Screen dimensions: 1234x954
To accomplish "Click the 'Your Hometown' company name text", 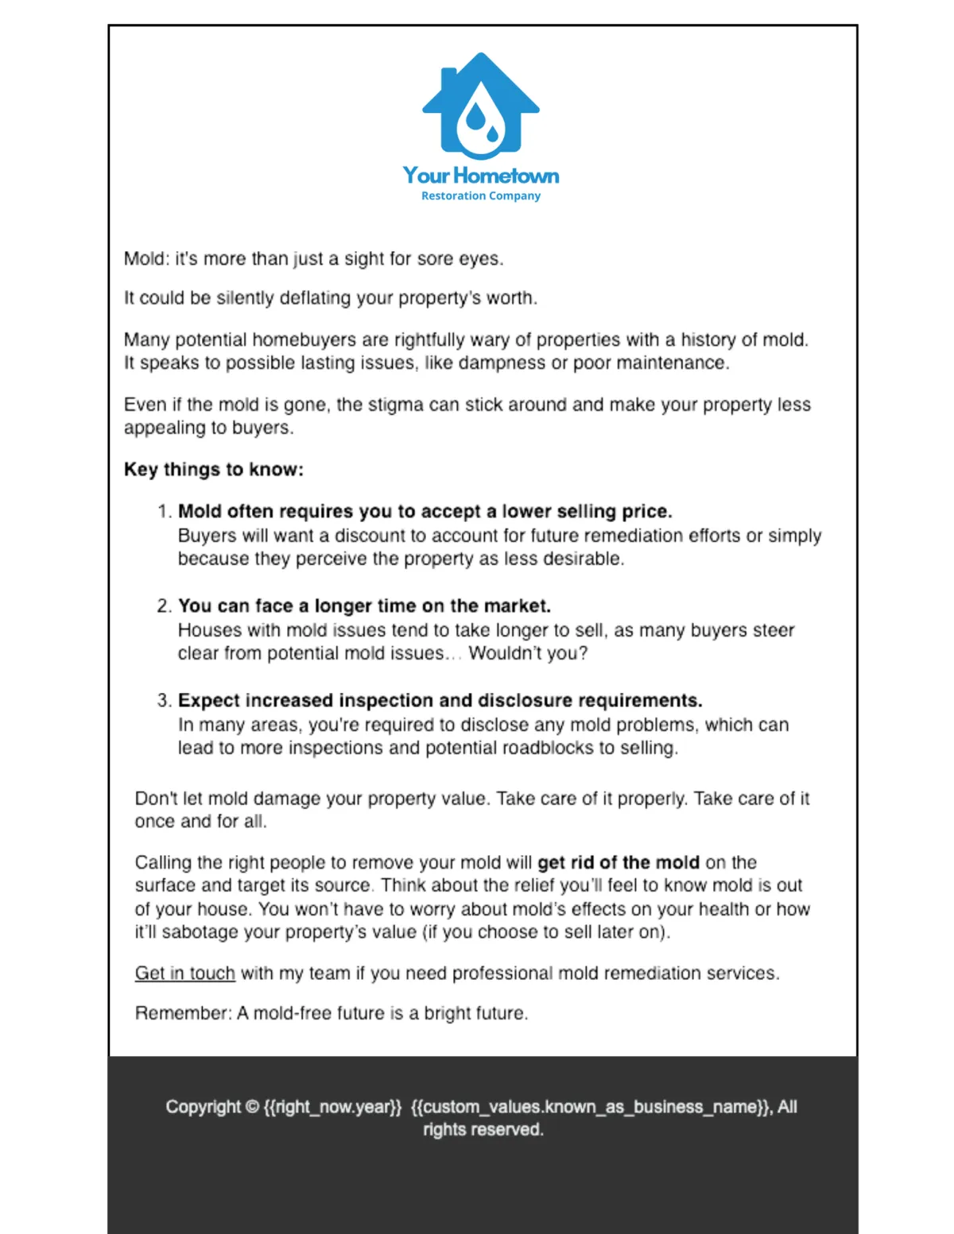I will [x=480, y=175].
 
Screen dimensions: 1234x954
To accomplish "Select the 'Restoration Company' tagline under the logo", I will [x=480, y=195].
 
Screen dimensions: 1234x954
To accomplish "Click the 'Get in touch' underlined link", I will [x=184, y=973].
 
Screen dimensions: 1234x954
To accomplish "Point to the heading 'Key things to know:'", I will [x=213, y=470].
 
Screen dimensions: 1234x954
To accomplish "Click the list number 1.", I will [x=163, y=512].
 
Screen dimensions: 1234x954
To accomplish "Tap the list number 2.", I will [x=163, y=606].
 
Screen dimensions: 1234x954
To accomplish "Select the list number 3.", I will [x=163, y=701].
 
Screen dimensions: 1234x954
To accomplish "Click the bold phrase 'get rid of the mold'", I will [x=618, y=863].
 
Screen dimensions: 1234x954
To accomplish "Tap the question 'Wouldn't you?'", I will [x=528, y=653].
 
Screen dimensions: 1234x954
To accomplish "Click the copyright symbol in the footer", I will [x=252, y=1107].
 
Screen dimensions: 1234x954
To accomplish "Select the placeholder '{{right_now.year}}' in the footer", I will [x=332, y=1107].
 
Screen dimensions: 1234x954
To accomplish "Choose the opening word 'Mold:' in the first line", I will [x=145, y=259].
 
